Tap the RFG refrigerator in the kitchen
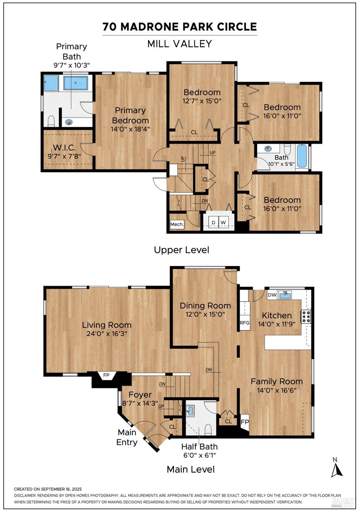(245, 323)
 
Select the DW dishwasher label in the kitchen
(272, 295)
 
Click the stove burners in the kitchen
(306, 316)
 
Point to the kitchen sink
(285, 295)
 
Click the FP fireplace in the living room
(106, 376)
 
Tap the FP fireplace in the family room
(245, 422)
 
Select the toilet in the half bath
(208, 429)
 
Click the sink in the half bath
(190, 410)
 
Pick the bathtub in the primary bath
(76, 83)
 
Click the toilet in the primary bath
(51, 121)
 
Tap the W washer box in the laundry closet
(223, 223)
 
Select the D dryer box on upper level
(213, 223)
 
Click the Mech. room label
(177, 224)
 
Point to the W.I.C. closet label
(64, 148)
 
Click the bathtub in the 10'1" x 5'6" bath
(302, 156)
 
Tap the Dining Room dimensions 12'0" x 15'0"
(205, 314)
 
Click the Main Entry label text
(127, 437)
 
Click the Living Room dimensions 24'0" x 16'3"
(107, 334)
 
